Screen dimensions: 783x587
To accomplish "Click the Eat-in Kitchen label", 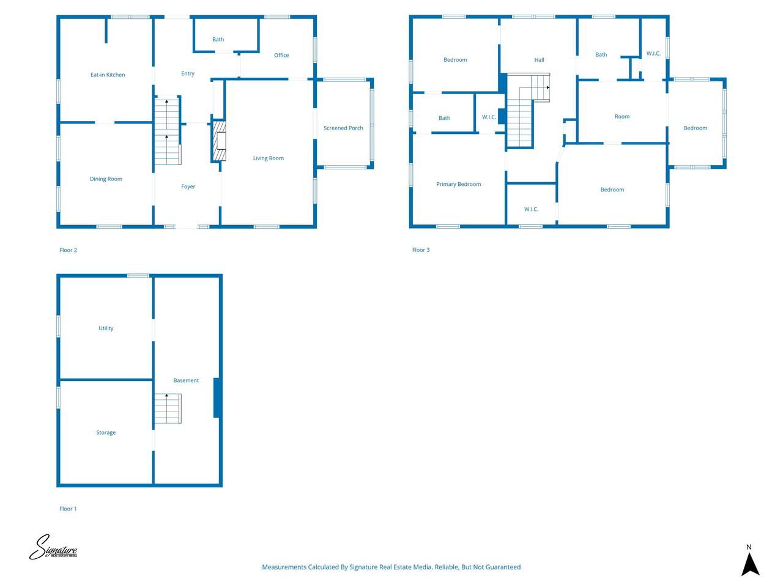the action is click(x=108, y=75).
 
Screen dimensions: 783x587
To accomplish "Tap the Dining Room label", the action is click(x=106, y=179).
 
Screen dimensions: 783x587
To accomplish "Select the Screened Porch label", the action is click(x=343, y=128).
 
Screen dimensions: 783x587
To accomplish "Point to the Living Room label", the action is click(x=269, y=158).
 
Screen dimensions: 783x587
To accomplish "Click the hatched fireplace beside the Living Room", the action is click(x=219, y=141).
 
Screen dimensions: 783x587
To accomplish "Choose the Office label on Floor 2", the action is click(x=281, y=55).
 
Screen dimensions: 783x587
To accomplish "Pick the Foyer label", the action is click(x=188, y=186).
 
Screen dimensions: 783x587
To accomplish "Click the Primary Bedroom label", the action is click(x=458, y=184).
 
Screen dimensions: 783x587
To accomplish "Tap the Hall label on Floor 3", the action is click(x=539, y=60).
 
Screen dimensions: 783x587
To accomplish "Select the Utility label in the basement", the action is click(x=106, y=328).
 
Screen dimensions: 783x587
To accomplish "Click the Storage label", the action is click(x=106, y=433).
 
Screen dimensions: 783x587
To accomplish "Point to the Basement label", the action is click(x=186, y=381).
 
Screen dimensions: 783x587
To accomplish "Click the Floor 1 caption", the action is click(x=68, y=509).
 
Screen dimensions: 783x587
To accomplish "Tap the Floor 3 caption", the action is click(x=421, y=250).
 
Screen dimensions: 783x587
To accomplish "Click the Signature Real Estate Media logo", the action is click(x=53, y=547).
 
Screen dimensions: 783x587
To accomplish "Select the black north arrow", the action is click(x=750, y=564).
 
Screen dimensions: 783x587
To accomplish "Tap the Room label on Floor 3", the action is click(x=622, y=117).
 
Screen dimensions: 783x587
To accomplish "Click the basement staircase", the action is click(x=168, y=409).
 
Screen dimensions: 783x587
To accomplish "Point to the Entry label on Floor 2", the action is click(x=188, y=74).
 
